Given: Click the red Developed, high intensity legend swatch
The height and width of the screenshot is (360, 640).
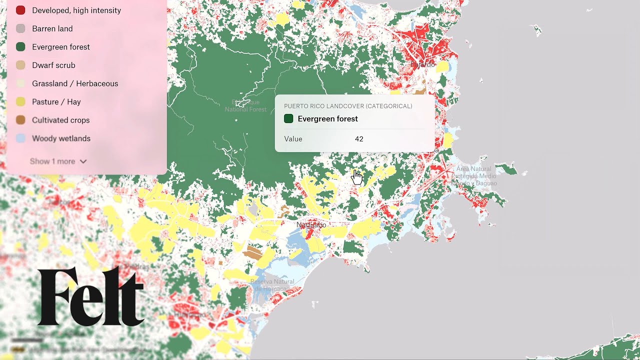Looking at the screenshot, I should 20,10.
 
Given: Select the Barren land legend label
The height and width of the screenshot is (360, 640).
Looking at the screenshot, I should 52,28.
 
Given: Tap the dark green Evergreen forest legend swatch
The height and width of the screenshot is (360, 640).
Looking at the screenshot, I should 20,47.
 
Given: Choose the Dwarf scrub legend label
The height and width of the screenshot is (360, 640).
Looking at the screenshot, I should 53,65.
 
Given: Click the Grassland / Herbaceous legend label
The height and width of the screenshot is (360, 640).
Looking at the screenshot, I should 75,83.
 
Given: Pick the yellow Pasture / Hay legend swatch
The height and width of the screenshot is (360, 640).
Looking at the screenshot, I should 20,102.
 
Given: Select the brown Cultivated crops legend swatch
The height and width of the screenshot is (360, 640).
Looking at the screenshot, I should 20,120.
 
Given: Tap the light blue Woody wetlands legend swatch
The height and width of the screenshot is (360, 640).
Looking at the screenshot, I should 20,138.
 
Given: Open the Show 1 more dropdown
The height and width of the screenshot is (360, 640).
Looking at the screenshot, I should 52,161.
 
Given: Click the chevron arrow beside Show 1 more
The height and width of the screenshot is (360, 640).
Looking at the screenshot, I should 83,161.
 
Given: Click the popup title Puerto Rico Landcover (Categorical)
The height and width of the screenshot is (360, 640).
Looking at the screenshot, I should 348,106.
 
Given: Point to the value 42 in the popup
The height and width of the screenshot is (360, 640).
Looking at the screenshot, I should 359,139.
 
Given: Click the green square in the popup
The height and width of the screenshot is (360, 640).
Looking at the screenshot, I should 288,119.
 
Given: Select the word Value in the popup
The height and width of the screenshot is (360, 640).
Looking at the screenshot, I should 293,139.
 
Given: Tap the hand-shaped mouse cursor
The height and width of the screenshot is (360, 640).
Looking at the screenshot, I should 357,177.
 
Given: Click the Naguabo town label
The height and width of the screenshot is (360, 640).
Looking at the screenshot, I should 311,225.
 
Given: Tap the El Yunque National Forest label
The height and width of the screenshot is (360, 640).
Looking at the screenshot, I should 245,106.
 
